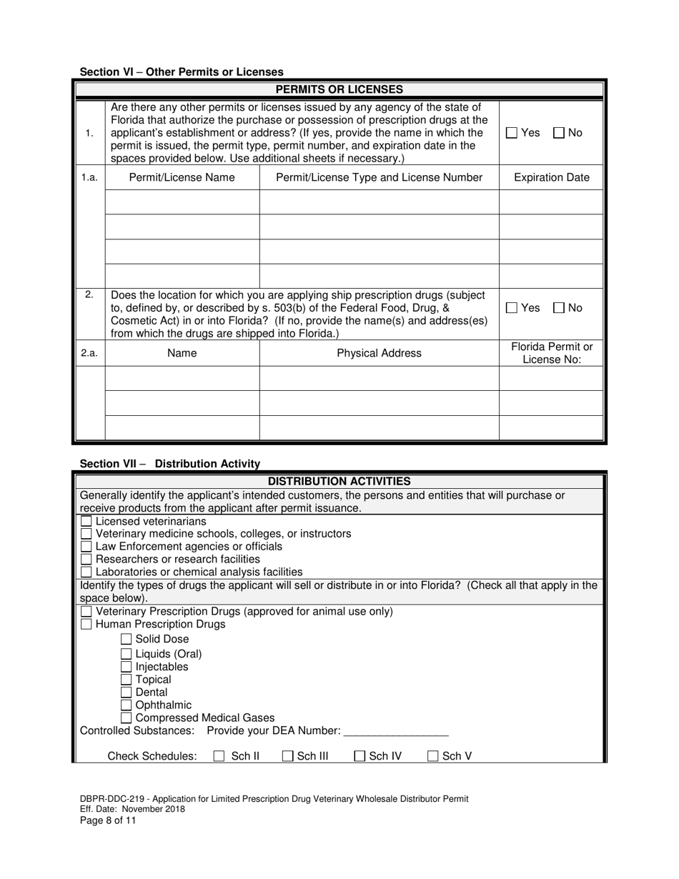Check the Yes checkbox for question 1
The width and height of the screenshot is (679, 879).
[512, 133]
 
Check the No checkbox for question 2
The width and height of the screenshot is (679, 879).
[559, 308]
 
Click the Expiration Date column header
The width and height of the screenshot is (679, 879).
[552, 178]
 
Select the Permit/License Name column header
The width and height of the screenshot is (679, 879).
[182, 178]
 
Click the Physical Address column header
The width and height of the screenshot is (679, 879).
[379, 353]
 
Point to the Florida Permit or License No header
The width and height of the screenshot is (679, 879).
[552, 353]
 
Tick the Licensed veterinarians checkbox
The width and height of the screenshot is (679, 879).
[86, 522]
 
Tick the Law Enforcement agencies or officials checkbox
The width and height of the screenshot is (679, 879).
[86, 547]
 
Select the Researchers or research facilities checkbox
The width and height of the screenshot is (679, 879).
[86, 560]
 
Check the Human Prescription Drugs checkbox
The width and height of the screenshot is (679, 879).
[86, 625]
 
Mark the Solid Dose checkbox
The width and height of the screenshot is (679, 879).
[127, 640]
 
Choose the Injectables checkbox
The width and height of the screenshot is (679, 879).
[127, 667]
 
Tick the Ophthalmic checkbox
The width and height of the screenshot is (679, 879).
[127, 705]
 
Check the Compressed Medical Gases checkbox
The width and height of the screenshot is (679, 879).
[127, 718]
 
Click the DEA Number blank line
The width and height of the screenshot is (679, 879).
[395, 731]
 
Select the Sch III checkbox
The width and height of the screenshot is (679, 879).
[288, 756]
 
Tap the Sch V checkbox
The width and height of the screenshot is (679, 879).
[433, 756]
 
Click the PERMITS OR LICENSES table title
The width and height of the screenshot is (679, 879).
[339, 90]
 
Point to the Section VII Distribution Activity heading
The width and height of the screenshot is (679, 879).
[170, 464]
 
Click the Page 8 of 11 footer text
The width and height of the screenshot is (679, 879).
[107, 820]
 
